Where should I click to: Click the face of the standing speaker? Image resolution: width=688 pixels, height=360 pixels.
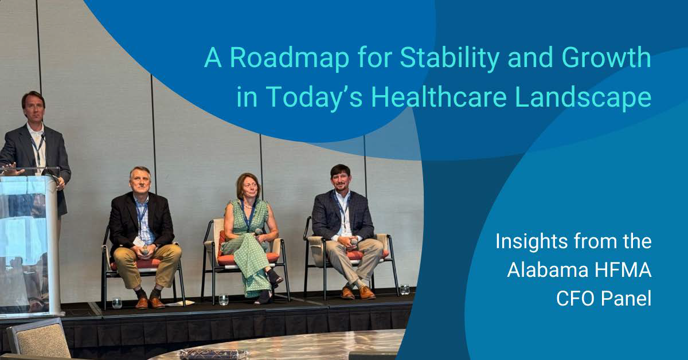coord(33,107)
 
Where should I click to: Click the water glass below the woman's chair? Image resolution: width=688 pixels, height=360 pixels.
coord(224,299)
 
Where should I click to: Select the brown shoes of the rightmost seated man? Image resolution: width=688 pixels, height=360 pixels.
coord(357,292)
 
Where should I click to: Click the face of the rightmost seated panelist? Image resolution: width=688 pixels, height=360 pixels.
coord(340,178)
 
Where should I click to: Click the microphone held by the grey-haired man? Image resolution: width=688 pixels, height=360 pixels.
coord(145,250)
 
